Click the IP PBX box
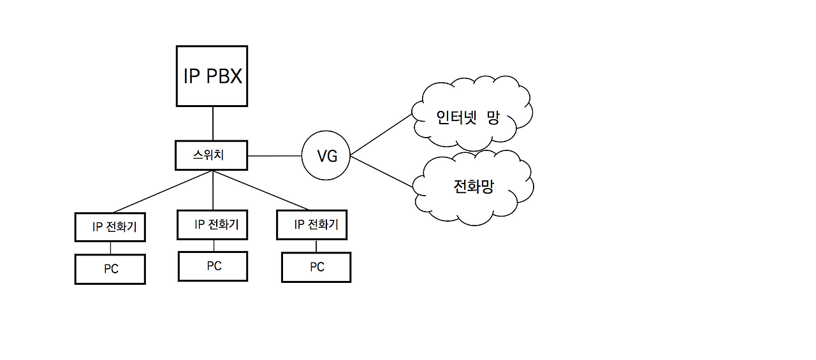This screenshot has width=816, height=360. tap(212, 76)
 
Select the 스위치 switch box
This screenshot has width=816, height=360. tap(211, 155)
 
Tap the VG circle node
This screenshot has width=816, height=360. tap(326, 155)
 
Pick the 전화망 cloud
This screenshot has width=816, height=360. tap(473, 187)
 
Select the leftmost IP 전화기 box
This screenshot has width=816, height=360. tap(110, 227)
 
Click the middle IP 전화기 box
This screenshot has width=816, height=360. tap(212, 225)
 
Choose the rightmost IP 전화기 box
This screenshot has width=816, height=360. tap(312, 225)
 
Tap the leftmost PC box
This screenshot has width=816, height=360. tap(110, 269)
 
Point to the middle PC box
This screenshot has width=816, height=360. tap(212, 266)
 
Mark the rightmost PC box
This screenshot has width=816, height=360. tap(316, 267)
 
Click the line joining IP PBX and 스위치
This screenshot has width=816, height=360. tap(212, 124)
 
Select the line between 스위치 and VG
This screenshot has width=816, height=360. tap(274, 155)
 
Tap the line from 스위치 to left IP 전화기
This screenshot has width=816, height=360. tap(163, 191)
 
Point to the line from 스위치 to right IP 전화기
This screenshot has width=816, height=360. tap(261, 191)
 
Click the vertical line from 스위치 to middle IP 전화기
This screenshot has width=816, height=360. tap(212, 190)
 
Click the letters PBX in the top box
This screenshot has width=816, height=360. tap(224, 76)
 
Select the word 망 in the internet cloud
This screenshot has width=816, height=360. tap(493, 117)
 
